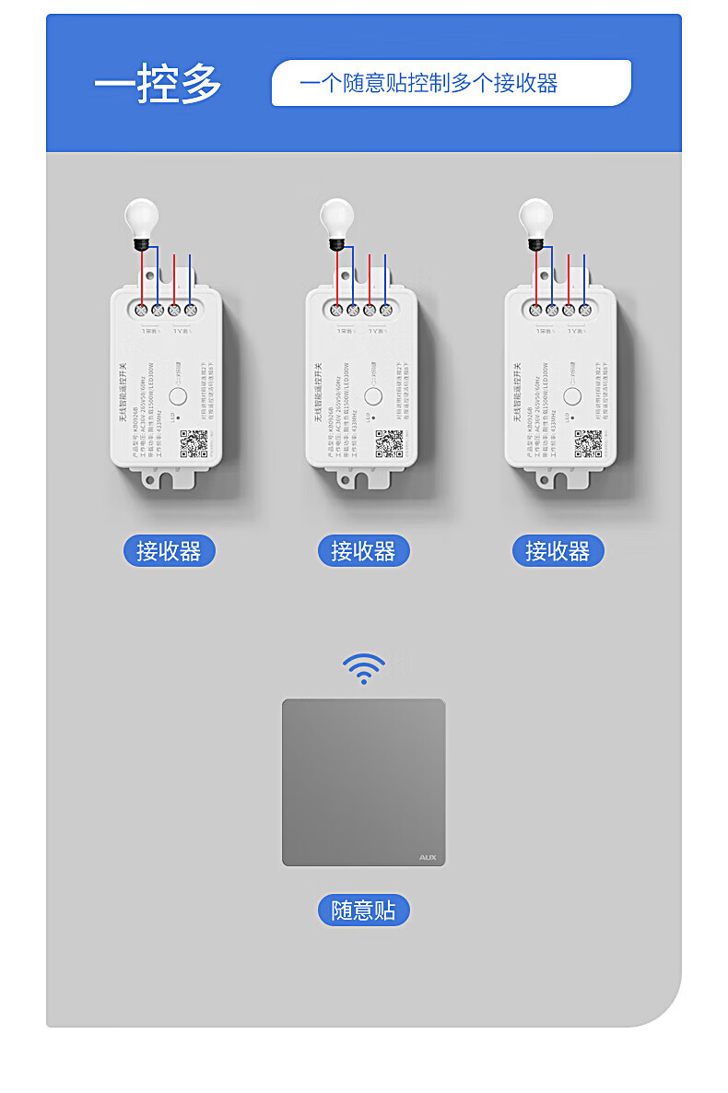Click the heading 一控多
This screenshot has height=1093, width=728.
[158, 85]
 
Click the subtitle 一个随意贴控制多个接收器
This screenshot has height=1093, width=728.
[429, 83]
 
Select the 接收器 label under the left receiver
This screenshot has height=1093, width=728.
[169, 551]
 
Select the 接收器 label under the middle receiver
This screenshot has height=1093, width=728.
[363, 551]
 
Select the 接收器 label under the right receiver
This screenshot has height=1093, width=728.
[558, 551]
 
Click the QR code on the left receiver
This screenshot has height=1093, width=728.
[194, 444]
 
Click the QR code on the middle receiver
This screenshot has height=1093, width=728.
[389, 444]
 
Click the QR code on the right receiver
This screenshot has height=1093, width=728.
[588, 443]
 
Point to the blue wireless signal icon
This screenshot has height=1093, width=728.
[364, 668]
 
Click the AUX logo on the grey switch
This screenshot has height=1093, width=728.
[428, 857]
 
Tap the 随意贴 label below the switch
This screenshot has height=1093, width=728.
[363, 911]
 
